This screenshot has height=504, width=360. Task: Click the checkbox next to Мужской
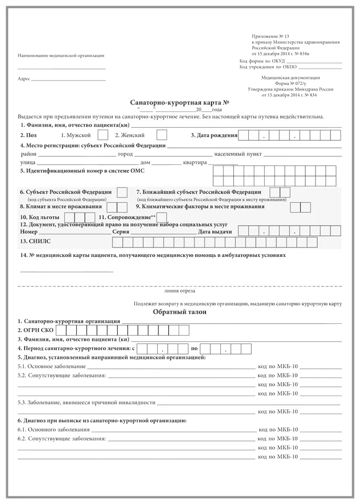point(102,134)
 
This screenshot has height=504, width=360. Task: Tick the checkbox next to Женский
point(162,134)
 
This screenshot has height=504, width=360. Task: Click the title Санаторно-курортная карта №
point(179,102)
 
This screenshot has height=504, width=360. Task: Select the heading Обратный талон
point(180,312)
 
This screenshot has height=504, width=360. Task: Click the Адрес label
point(24,79)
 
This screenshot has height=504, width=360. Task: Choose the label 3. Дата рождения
point(214,135)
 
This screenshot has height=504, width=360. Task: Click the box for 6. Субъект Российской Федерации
point(122,192)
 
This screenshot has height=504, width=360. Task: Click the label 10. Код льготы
point(39,217)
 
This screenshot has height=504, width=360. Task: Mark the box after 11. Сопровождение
point(161,217)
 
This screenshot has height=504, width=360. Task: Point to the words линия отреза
point(179,291)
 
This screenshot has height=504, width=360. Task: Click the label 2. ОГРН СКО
point(36,330)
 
